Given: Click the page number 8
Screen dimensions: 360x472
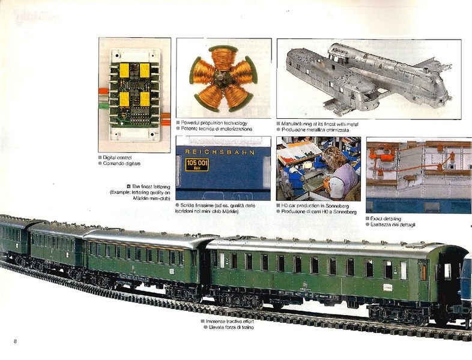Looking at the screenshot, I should pos(14,341).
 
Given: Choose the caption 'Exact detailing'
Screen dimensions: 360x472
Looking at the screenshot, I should pos(386,218).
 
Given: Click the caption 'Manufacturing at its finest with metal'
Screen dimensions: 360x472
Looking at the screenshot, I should pos(321,122).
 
